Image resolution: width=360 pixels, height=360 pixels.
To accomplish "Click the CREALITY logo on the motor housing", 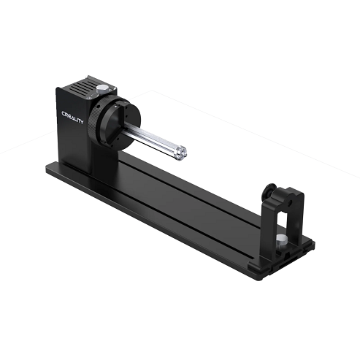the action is tap(72, 118).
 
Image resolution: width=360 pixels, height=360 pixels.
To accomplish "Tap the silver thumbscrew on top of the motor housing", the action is tap(102, 89).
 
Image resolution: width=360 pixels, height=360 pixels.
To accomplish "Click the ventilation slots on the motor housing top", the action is tap(83, 88).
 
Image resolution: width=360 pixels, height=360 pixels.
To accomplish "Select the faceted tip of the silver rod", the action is tap(181, 153).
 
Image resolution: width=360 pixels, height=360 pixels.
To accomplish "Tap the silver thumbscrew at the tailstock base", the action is tap(281, 240).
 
